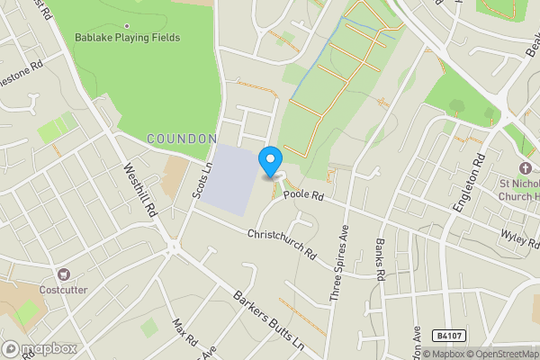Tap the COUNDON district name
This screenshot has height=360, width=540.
181,139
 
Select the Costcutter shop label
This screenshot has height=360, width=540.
62,290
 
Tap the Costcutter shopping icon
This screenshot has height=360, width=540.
63,274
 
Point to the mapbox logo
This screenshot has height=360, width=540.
40,348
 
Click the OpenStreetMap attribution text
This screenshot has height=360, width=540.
504,354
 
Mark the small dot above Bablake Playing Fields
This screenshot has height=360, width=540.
126,25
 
